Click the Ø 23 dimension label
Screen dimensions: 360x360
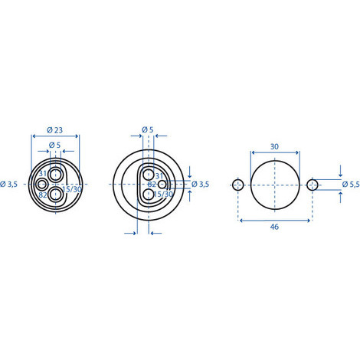point(54,130)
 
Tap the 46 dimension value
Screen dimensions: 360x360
point(274,227)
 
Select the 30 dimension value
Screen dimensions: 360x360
point(274,146)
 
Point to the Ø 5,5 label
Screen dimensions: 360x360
point(351,185)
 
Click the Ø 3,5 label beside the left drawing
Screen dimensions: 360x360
point(9,184)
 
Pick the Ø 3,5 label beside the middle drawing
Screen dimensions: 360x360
point(200,184)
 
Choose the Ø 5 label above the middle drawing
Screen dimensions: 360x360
point(148,129)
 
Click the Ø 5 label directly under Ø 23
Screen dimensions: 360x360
point(54,145)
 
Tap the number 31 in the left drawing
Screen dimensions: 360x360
point(43,173)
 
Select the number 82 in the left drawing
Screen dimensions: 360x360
point(43,195)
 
